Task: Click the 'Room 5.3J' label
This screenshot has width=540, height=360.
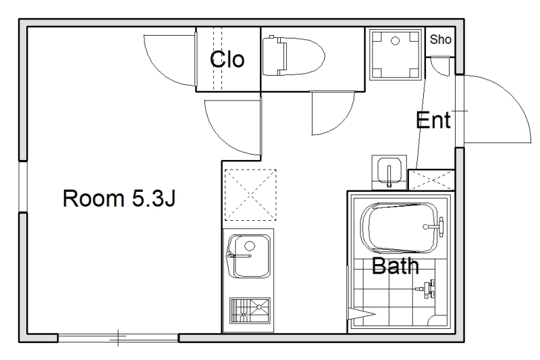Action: tap(119, 198)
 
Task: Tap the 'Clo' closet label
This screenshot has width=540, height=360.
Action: tap(227, 59)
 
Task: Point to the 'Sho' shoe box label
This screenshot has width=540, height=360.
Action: tap(441, 39)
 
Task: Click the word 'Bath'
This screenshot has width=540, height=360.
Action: tap(396, 265)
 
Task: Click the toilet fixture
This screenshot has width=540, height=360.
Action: tap(294, 56)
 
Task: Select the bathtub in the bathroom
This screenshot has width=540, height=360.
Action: tap(401, 228)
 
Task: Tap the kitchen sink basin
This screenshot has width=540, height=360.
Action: tap(248, 256)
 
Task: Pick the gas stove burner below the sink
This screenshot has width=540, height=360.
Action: tap(250, 310)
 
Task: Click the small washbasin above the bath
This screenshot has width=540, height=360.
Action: tap(389, 172)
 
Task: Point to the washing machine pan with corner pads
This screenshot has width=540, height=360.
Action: tap(396, 55)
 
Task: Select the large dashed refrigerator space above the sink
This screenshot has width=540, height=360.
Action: tap(250, 195)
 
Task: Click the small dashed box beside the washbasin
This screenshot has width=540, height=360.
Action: tap(431, 180)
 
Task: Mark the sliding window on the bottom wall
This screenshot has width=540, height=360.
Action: tap(118, 338)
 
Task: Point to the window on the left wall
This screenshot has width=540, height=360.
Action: tap(23, 186)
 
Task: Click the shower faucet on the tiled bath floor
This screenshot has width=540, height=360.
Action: tap(427, 289)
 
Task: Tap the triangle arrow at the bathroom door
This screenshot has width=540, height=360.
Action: tap(361, 314)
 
